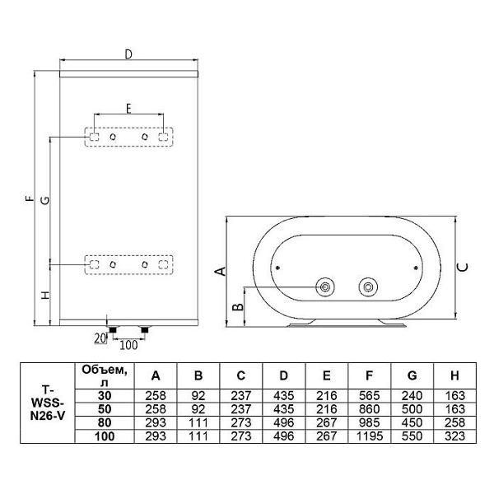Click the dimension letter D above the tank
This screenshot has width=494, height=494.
tap(128, 54)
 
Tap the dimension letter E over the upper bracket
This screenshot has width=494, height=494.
tap(128, 109)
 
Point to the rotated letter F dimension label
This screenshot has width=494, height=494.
tap(30, 198)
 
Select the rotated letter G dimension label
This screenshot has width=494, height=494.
tap(45, 200)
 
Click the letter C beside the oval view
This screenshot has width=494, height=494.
tap(463, 268)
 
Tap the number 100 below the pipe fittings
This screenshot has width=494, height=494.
tap(128, 345)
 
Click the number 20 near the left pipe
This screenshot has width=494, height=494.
tap(100, 338)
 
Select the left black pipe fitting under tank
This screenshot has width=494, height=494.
tap(113, 330)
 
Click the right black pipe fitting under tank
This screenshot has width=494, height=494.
tap(145, 330)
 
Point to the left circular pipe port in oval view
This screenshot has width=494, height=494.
tap(325, 287)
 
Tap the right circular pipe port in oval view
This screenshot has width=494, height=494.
tap(368, 287)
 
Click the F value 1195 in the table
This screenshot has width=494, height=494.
tap(370, 436)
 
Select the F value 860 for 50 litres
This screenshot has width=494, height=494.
tap(370, 409)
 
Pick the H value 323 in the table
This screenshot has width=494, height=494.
tap(455, 436)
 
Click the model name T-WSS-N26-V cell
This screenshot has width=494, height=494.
tap(47, 403)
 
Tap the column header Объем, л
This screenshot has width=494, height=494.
tap(105, 376)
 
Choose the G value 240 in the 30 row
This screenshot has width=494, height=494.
tap(412, 396)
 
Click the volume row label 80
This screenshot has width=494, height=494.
tap(105, 423)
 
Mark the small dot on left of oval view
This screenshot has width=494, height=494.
tap(277, 268)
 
